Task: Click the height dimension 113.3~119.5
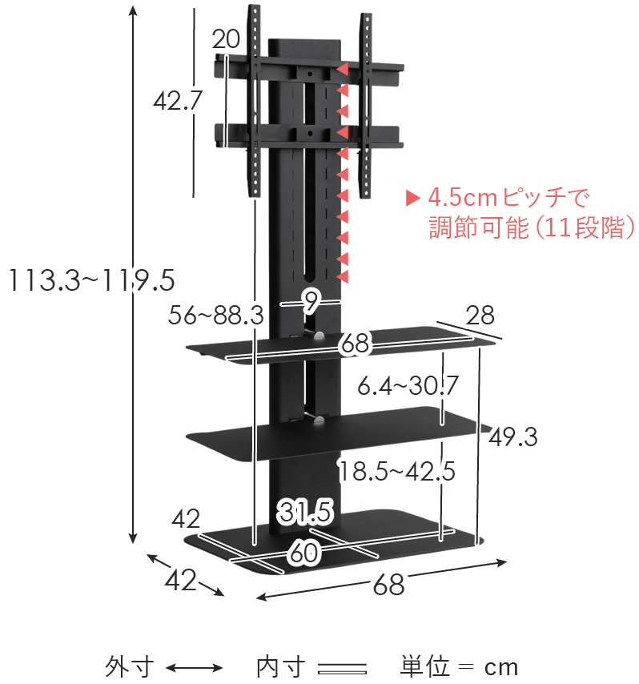pyautogui.click(x=87, y=280)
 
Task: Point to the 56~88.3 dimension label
pyautogui.click(x=216, y=316)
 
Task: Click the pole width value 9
pyautogui.click(x=311, y=302)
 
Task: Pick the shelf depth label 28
pyautogui.click(x=480, y=315)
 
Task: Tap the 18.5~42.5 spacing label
pyautogui.click(x=396, y=471)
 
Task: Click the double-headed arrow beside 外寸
pyautogui.click(x=193, y=667)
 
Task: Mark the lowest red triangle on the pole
pyautogui.click(x=344, y=277)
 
